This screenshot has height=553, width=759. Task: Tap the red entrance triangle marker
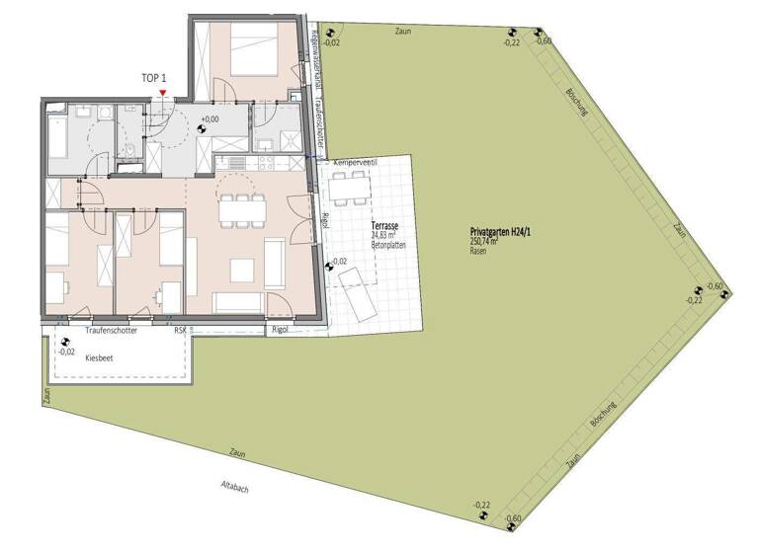pyautogui.click(x=163, y=94)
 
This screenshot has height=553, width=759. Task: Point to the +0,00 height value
pyautogui.click(x=210, y=118)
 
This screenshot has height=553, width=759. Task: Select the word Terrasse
pyautogui.click(x=384, y=226)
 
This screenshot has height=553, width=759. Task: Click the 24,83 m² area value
pyautogui.click(x=382, y=235)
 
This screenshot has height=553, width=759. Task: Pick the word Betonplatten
pyautogui.click(x=387, y=245)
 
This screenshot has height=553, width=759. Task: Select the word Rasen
pyautogui.click(x=478, y=252)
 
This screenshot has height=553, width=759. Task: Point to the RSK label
pyautogui.click(x=180, y=330)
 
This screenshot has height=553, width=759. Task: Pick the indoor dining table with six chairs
pyautogui.click(x=242, y=208)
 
